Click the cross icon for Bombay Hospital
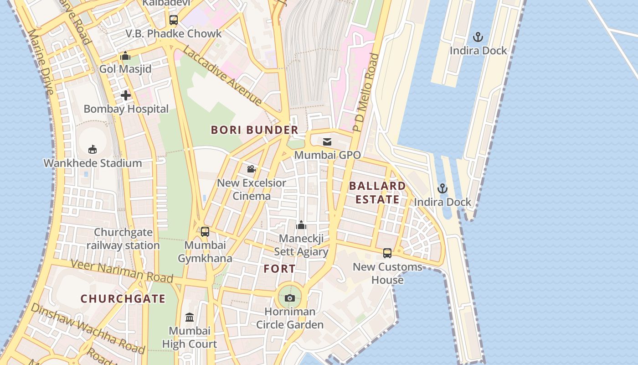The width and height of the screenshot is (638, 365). pyautogui.click(x=126, y=95)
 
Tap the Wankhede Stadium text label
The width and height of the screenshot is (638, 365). pyautogui.click(x=93, y=163)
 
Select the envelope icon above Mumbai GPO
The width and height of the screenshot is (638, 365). pyautogui.click(x=327, y=141)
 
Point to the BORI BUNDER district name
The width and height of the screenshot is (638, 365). pyautogui.click(x=254, y=130)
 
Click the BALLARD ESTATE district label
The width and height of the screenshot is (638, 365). pyautogui.click(x=377, y=193)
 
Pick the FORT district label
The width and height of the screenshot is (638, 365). pyautogui.click(x=279, y=269)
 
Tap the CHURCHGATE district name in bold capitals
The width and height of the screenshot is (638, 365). pyautogui.click(x=123, y=299)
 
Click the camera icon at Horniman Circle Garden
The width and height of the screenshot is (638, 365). pyautogui.click(x=289, y=298)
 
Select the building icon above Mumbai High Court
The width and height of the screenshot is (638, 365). pyautogui.click(x=190, y=317)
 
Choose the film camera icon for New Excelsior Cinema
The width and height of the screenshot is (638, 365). pyautogui.click(x=251, y=169)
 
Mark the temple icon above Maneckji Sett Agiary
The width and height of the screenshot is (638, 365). pyautogui.click(x=301, y=225)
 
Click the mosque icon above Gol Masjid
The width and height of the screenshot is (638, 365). pyautogui.click(x=125, y=56)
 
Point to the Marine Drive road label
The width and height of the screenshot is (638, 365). pyautogui.click(x=41, y=62)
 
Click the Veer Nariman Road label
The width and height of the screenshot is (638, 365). pyautogui.click(x=122, y=271)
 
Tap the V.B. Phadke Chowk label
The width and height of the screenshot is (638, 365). pyautogui.click(x=174, y=34)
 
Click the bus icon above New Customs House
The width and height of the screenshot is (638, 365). pyautogui.click(x=387, y=253)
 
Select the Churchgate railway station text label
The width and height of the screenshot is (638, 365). pyautogui.click(x=123, y=239)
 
